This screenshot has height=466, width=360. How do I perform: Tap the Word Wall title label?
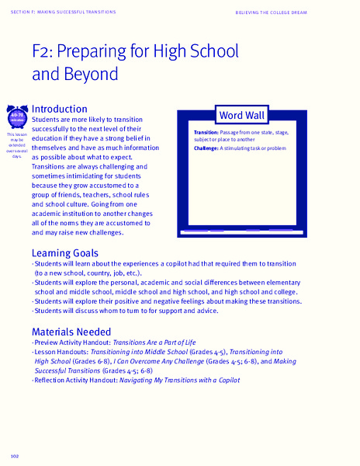[241, 116]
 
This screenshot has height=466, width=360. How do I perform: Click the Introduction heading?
[59, 110]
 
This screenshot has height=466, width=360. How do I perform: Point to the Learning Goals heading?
[64, 253]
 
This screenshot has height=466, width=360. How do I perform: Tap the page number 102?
[15, 454]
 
